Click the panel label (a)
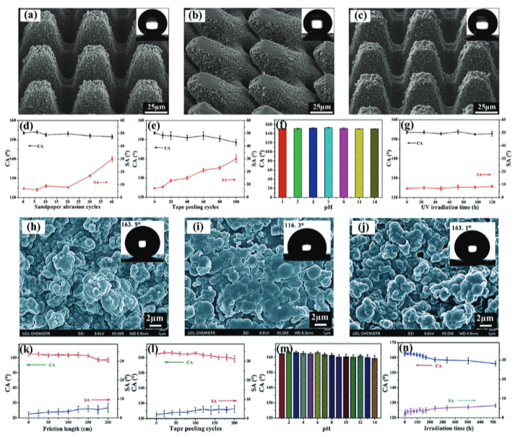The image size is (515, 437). click(36, 14)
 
